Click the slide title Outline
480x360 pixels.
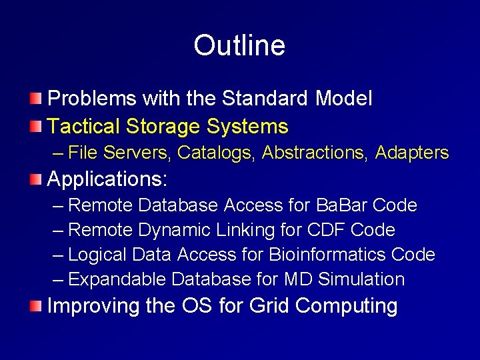pos(239,45)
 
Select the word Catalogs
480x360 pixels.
pos(217,153)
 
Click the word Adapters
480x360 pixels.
pos(412,153)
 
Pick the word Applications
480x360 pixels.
pos(107,179)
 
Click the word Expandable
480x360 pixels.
pos(118,279)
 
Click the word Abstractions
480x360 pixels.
pos(316,153)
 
